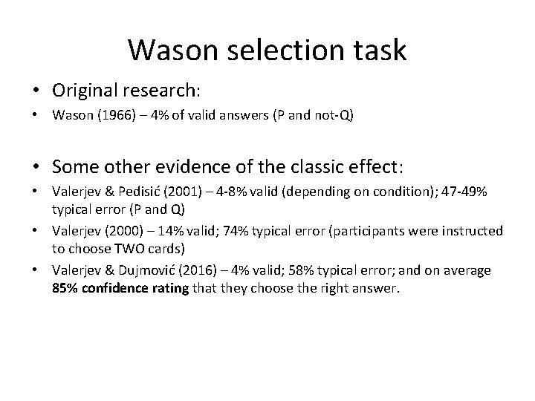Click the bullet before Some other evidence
click(x=36, y=165)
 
